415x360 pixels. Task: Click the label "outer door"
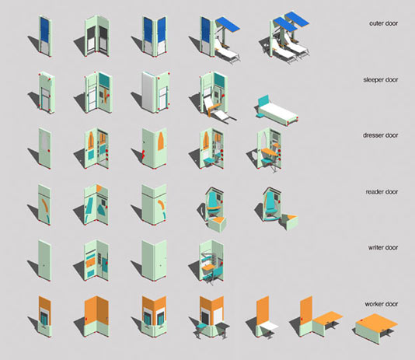(383, 23)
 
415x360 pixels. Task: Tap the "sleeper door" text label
(380, 79)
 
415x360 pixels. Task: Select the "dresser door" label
(380, 135)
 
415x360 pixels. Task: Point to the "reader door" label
(382, 191)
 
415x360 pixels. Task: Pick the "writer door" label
(383, 247)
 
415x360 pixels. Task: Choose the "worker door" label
(382, 304)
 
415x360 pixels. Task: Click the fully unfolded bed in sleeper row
(277, 111)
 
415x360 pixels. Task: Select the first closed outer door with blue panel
(45, 37)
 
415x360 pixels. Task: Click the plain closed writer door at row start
(44, 260)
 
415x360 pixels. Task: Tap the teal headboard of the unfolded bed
(263, 100)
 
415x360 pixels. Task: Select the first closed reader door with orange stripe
(44, 204)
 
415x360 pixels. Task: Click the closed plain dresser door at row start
(44, 149)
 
